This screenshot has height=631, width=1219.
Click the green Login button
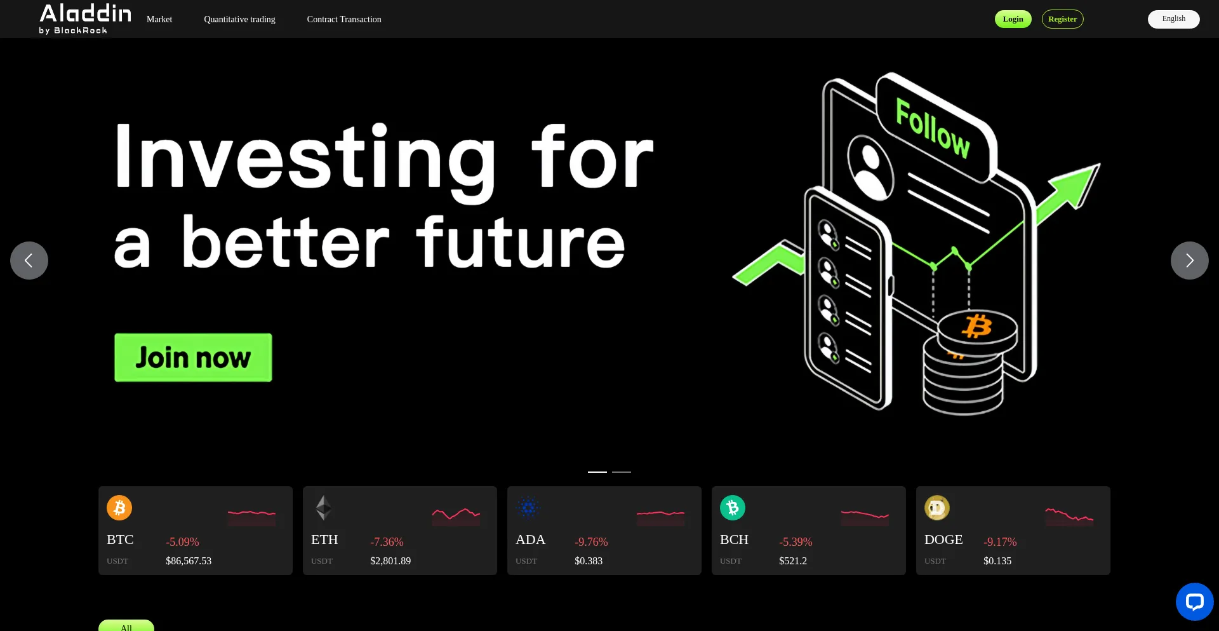pos(1013,19)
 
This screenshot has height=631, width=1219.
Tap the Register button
pos(1062,19)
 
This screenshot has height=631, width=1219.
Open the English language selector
pos(1173,19)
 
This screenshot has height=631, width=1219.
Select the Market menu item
pos(159,20)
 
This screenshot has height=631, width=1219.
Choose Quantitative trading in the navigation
pos(239,20)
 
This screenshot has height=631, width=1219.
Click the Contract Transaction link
pos(344,20)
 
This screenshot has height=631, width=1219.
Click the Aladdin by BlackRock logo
pos(85,19)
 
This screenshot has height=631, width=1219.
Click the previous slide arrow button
pos(29,261)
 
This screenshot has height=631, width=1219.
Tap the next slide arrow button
pos(1189,261)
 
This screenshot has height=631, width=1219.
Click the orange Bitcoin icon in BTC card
pos(119,508)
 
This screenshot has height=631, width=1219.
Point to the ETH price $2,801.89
pos(390,561)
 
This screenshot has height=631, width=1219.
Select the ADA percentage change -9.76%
pos(591,542)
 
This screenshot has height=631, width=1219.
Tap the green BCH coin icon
pos(733,508)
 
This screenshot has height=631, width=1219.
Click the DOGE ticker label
pos(943,539)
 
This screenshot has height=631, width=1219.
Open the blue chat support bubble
pos(1194,602)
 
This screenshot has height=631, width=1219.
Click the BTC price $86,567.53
pos(189,561)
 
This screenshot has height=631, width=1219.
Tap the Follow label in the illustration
pos(933,128)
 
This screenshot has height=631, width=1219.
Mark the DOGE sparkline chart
pos(1069,517)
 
